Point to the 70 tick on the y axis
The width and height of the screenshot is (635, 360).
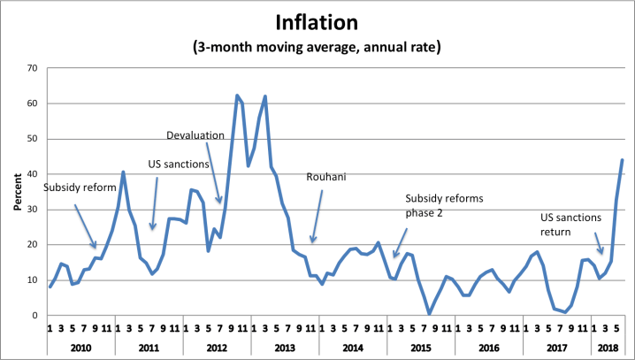[x=34, y=68]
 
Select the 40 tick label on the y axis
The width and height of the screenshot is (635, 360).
[x=34, y=174]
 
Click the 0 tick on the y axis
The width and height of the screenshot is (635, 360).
[x=36, y=316]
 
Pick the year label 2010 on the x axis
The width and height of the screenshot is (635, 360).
[x=82, y=347]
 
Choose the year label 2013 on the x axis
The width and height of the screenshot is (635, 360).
[x=285, y=347]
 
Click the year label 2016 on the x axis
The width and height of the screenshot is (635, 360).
[x=487, y=347]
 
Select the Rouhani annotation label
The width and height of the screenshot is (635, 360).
[x=325, y=176]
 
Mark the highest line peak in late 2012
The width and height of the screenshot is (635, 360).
[x=237, y=96]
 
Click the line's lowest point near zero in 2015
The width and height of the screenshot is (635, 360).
[x=430, y=313]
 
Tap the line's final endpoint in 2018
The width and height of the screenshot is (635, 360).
[x=622, y=160]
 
